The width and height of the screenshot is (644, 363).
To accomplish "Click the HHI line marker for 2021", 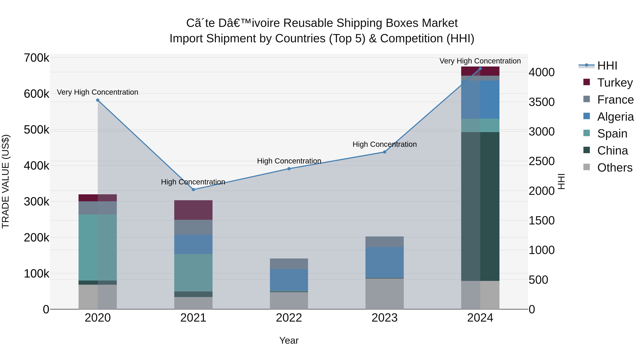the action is coord(193,190).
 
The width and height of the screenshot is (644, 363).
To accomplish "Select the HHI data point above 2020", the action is coord(98,100).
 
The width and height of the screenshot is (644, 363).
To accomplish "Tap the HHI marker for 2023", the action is coord(384,152).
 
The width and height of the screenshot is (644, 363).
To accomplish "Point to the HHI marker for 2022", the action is coord(289,169).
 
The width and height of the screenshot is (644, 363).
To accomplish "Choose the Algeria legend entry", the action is coord(608,117).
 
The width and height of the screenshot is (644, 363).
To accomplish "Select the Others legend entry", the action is coord(608,168).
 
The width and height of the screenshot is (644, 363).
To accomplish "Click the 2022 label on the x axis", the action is coord(289,318).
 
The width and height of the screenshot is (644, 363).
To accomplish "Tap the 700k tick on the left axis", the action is coord(36,58).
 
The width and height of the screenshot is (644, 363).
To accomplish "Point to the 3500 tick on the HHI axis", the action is coord(542,102).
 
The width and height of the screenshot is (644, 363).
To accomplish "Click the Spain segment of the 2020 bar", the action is coord(98,248).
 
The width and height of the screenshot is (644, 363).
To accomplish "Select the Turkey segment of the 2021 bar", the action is coord(193,210).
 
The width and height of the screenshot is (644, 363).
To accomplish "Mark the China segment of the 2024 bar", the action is coord(480,207).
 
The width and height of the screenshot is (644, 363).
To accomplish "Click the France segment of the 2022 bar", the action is coord(289,264).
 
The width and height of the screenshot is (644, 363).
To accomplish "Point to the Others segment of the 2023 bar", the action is coord(384,294).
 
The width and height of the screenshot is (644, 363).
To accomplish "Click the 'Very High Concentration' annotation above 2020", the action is coord(97,92).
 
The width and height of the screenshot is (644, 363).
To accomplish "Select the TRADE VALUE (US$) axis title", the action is coord(6,181).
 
